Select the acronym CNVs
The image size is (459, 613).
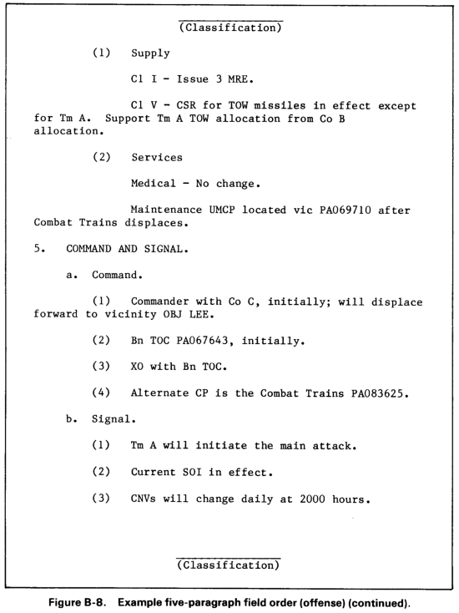coord(147,501)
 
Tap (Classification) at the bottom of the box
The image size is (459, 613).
coord(229,565)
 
